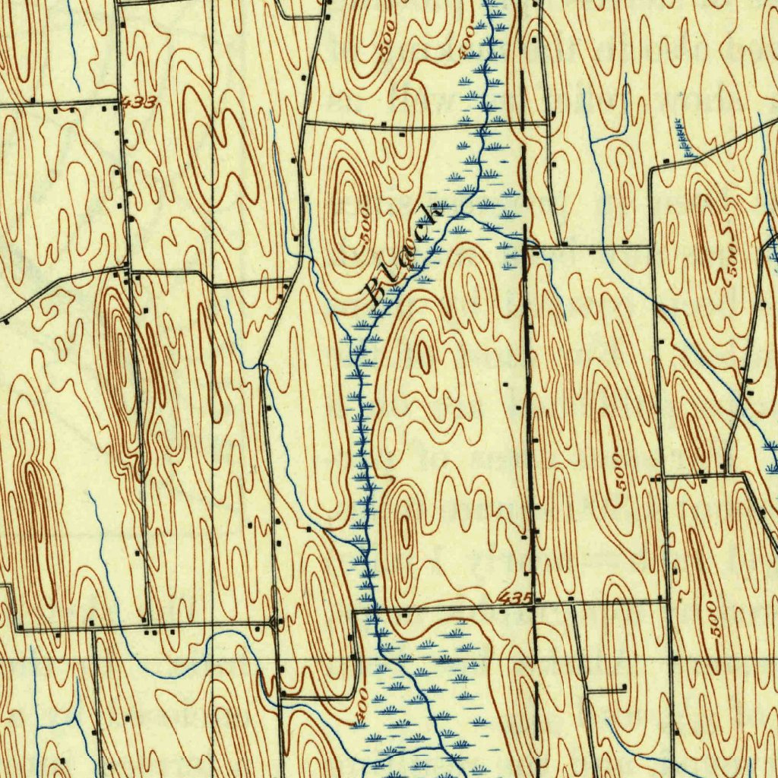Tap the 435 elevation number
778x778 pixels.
(x=516, y=599)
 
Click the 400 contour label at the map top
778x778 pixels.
(x=466, y=43)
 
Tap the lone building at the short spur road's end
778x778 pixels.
(x=624, y=688)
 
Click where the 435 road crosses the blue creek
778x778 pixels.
(x=374, y=610)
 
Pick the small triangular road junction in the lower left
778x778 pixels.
(x=274, y=625)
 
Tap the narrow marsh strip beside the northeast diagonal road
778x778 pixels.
(x=683, y=137)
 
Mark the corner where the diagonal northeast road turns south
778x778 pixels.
(x=651, y=169)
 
